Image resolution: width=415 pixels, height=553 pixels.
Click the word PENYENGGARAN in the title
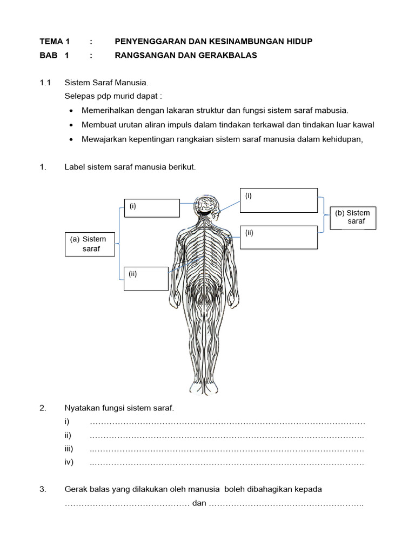[x=144, y=41]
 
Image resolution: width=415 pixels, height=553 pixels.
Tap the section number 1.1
[x=45, y=83]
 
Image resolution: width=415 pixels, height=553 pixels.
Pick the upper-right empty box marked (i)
[x=278, y=200]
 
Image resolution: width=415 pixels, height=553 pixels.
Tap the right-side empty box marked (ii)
[x=278, y=238]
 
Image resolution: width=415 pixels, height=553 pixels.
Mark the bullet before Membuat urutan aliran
[x=72, y=125]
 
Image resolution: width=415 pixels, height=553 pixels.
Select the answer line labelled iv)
[x=227, y=463]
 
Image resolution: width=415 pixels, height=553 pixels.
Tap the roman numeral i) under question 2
[x=66, y=422]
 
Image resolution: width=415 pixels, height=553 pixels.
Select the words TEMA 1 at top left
[x=55, y=41]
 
